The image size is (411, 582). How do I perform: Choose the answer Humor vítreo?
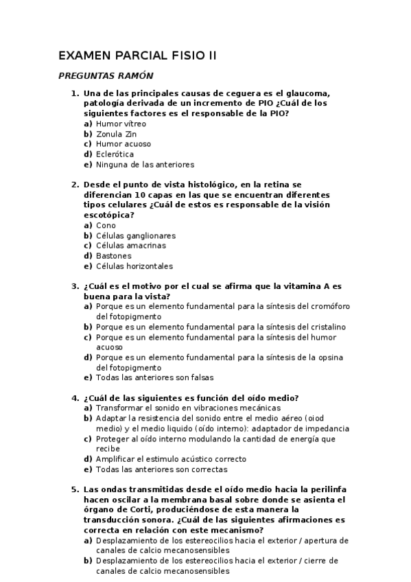[x=121, y=124]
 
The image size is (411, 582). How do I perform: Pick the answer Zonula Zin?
[x=116, y=134]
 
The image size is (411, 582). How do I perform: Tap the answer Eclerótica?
[x=115, y=154]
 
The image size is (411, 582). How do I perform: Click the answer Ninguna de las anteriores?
[x=145, y=165]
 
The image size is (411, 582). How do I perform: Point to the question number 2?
[x=75, y=185]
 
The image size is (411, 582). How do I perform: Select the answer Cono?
[x=106, y=225]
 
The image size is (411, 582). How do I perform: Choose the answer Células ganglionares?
[x=136, y=235]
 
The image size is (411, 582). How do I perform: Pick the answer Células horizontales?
[x=134, y=266]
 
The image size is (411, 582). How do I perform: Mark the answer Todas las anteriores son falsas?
[x=154, y=377]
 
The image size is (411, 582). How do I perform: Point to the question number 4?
[x=75, y=398]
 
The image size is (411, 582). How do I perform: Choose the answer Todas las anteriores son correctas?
[x=161, y=469]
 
